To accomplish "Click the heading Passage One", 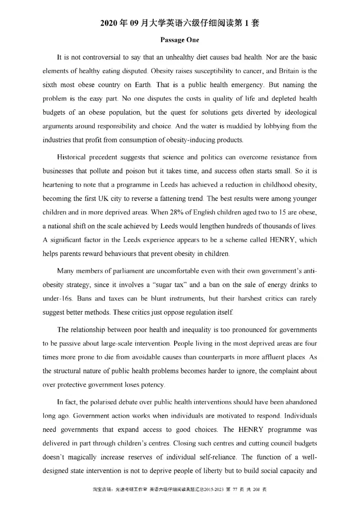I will point(180,40).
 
